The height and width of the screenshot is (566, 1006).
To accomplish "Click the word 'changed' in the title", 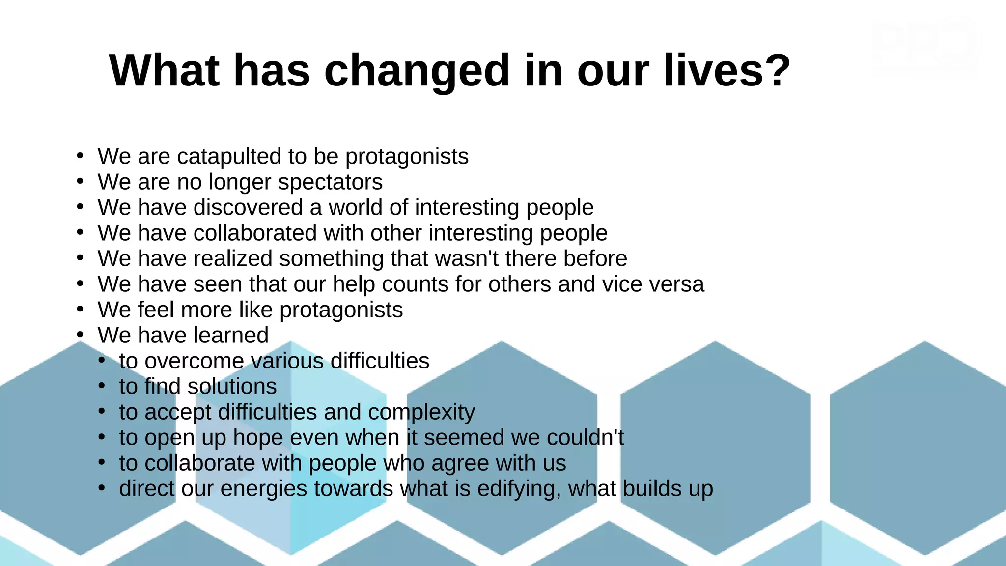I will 417,71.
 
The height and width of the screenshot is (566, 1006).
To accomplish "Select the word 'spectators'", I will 330,182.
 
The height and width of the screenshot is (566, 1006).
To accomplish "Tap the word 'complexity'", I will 421,413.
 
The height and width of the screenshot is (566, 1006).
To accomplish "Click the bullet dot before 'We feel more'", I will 81,310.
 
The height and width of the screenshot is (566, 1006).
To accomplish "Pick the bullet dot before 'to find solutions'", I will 102,386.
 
